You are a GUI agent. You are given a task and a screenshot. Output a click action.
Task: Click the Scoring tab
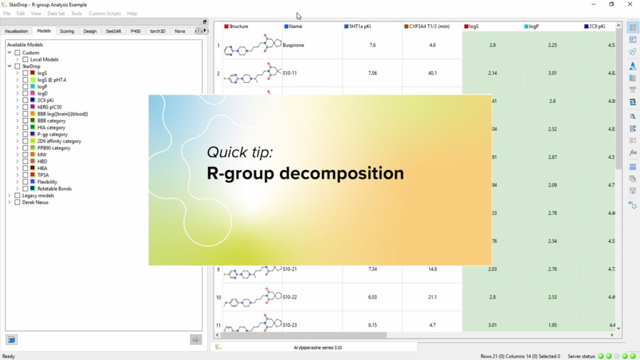67,31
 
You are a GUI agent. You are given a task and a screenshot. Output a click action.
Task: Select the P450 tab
136,31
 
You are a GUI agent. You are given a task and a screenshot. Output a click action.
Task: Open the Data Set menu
56,13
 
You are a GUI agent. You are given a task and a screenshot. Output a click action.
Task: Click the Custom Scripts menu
104,13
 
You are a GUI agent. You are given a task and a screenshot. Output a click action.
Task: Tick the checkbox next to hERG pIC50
25,107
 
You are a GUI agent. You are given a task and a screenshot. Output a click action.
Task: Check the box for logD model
25,93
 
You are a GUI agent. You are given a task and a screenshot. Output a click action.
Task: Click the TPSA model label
43,175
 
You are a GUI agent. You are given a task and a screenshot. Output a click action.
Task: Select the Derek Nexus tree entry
35,202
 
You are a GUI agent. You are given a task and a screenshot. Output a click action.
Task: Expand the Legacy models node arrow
9,196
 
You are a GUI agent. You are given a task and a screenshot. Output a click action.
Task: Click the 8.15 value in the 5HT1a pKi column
372,325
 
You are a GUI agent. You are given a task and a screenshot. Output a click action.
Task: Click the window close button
629,4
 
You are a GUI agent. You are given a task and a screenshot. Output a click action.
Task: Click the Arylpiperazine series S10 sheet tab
317,347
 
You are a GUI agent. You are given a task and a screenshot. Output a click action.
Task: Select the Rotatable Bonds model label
54,189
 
